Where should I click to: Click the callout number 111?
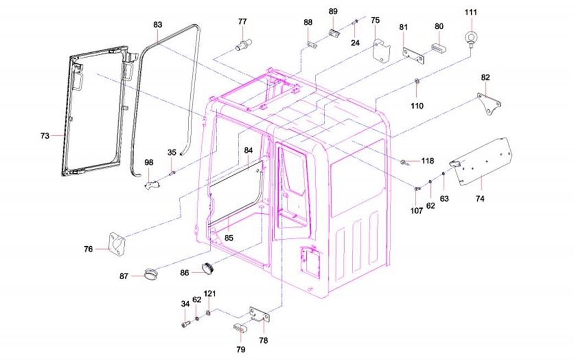471,12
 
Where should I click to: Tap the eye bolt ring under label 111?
472,38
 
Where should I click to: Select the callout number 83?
158,25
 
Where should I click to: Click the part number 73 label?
45,135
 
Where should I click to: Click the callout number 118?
427,161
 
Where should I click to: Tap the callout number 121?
210,293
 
